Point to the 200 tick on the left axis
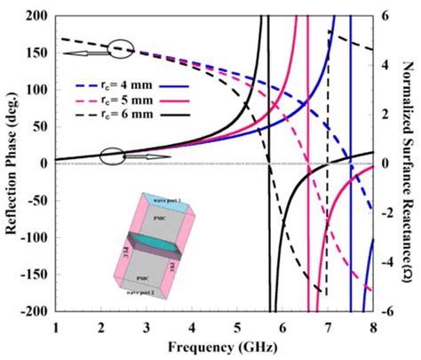pos(38,16)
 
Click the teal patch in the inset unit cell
pos(155,240)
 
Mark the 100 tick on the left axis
pos(38,90)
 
